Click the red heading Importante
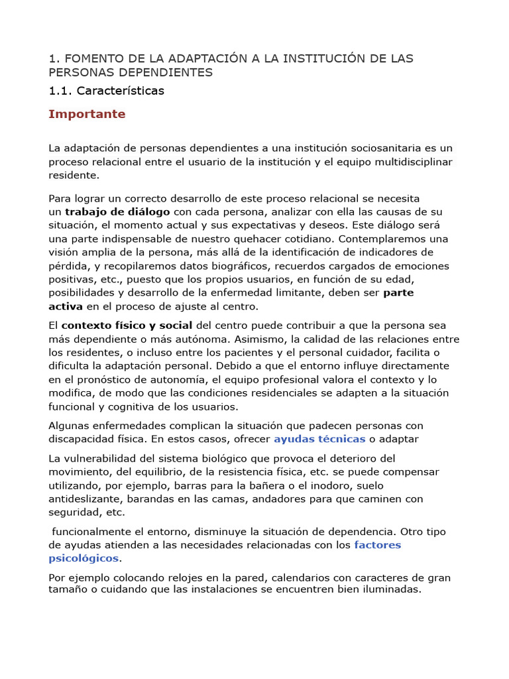(x=87, y=114)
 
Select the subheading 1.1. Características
(x=106, y=90)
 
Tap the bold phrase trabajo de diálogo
(x=117, y=212)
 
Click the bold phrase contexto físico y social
(x=127, y=326)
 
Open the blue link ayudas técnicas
(x=319, y=439)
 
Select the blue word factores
(x=378, y=545)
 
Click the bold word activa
(x=66, y=306)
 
